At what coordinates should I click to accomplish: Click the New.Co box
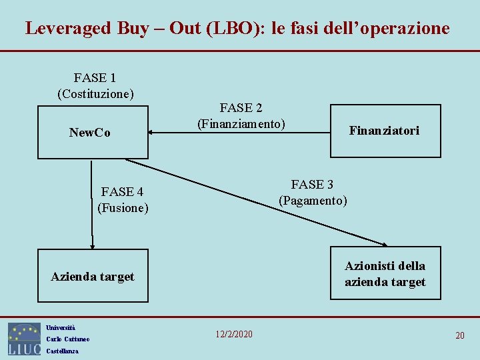click(x=93, y=132)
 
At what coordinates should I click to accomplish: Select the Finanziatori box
click(x=385, y=131)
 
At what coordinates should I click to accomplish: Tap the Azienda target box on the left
click(x=93, y=276)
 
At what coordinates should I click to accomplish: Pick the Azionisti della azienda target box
click(x=385, y=274)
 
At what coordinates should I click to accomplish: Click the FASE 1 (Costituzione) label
click(x=96, y=85)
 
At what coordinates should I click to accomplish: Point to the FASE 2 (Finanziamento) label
click(x=241, y=116)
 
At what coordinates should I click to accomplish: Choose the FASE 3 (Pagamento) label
click(x=313, y=192)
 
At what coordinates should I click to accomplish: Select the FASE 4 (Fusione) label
click(x=123, y=200)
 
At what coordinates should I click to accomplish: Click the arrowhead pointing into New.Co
click(x=151, y=133)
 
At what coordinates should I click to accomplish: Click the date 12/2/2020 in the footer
click(x=234, y=333)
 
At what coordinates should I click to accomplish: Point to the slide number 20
click(x=460, y=335)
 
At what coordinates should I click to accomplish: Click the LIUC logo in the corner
click(x=24, y=339)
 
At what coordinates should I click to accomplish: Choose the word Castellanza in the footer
click(x=62, y=351)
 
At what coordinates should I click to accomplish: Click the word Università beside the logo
click(x=61, y=327)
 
